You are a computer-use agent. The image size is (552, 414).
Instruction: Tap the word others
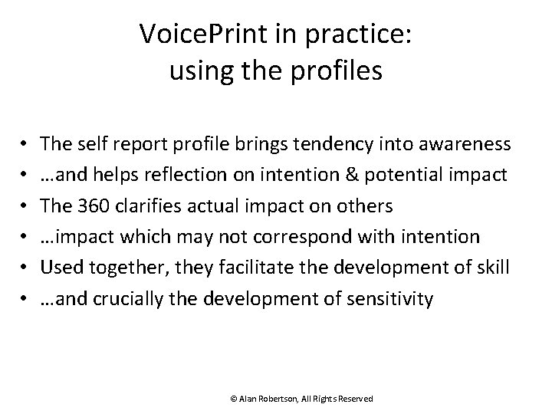[367, 205]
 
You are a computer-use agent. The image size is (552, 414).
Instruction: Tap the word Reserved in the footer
[354, 399]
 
